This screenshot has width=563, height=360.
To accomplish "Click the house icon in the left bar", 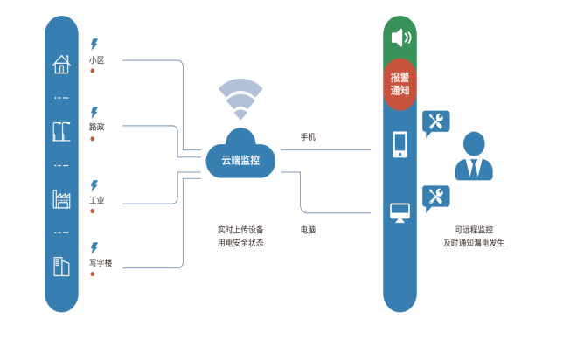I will [x=60, y=64].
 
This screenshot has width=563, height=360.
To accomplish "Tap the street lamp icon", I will [x=60, y=131].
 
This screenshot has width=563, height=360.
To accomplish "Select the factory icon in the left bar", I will [x=60, y=197].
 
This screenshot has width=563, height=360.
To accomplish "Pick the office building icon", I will [x=60, y=265].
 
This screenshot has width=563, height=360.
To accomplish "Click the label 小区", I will [x=96, y=60].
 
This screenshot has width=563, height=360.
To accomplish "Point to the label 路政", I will [x=96, y=127].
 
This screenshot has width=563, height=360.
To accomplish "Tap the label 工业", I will [x=96, y=200].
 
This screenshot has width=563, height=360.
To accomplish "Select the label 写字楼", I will [x=101, y=262].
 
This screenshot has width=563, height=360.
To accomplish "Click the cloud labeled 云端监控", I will [x=240, y=157].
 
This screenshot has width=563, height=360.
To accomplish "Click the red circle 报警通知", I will [x=400, y=83].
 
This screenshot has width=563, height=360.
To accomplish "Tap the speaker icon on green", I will [x=400, y=38].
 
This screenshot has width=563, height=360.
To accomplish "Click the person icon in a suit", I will [x=473, y=156].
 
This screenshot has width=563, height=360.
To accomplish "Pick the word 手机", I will [x=308, y=137].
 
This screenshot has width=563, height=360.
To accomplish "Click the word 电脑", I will [x=308, y=229].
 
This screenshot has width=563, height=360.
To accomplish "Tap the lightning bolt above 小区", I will [x=94, y=43].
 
